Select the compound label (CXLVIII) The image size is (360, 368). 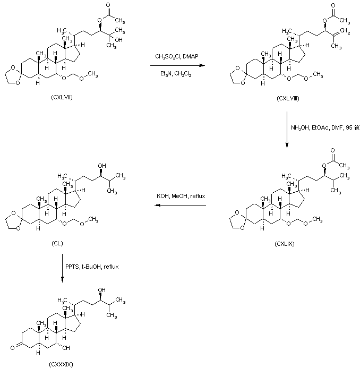288,98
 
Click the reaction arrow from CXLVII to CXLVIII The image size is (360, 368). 177,65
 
